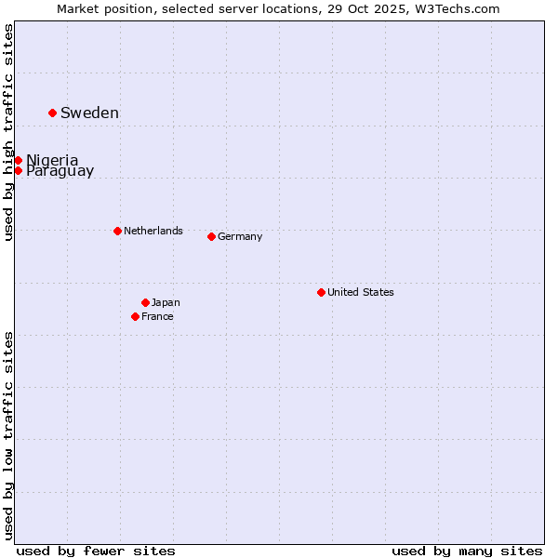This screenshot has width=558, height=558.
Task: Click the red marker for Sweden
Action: coord(52,113)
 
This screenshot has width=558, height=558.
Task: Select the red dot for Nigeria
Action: coord(18,160)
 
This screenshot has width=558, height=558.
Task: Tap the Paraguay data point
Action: coord(18,170)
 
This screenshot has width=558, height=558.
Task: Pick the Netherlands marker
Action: coord(117,231)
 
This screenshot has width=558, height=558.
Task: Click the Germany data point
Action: coord(211,236)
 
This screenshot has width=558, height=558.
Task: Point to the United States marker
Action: coord(321,292)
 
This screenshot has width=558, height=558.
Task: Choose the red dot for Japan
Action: coord(145,302)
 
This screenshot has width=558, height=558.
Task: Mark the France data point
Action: coord(135,316)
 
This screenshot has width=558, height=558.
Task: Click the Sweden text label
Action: coord(89,113)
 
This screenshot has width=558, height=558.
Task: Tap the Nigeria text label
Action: coord(52,160)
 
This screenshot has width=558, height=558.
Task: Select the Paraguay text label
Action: coord(60,171)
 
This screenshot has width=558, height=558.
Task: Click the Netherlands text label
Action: coord(153,231)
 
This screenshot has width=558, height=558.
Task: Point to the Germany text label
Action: coord(240,236)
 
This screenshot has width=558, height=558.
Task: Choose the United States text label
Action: coord(361,292)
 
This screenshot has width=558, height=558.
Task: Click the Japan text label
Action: coord(166,302)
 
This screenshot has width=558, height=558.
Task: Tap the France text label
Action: coord(157,316)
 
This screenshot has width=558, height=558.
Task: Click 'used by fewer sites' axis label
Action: coord(96,551)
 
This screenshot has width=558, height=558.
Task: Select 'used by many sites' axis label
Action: coord(467,551)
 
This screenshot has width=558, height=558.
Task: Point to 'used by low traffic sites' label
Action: coord(8,434)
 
